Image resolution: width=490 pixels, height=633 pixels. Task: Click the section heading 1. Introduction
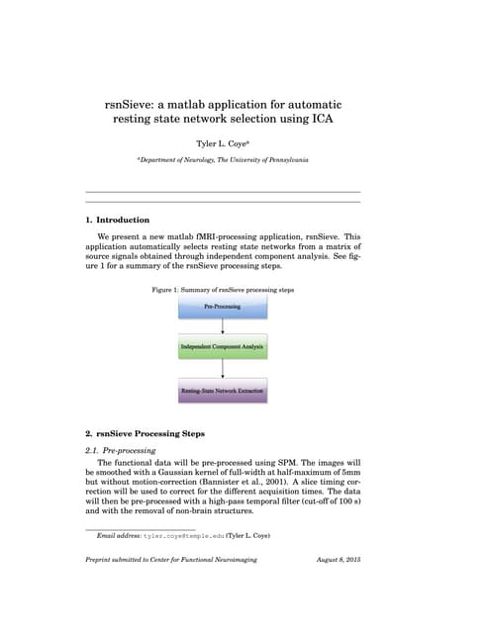click(x=118, y=220)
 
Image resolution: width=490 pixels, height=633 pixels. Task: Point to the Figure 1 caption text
click(x=223, y=290)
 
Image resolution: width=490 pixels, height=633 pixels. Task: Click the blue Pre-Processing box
click(x=223, y=308)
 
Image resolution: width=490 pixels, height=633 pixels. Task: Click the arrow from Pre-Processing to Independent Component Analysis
click(x=223, y=328)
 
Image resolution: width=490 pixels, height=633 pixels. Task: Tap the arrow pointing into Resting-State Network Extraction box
click(x=223, y=370)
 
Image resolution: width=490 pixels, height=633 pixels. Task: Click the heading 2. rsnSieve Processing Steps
click(x=145, y=433)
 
